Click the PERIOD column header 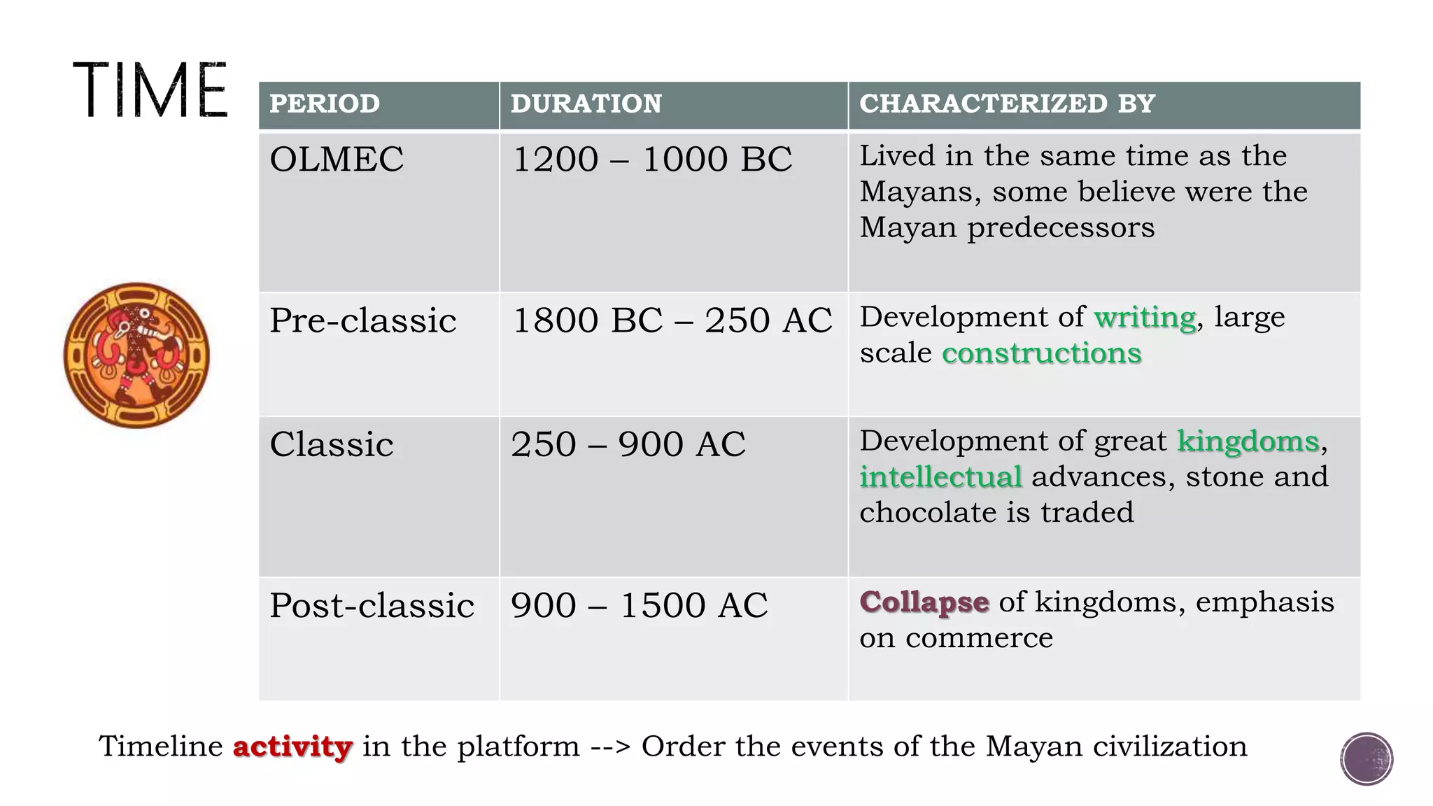(325, 104)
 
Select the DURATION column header (586, 104)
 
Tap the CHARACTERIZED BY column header (1007, 104)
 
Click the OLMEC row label (337, 159)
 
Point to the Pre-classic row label (362, 320)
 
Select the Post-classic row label (372, 605)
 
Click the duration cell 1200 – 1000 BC (652, 159)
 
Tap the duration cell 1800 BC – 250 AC (672, 320)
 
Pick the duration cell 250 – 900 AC (628, 444)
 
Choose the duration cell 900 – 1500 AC (639, 605)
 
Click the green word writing (1145, 318)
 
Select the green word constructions (1042, 353)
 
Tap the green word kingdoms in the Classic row (1248, 441)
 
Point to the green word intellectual (940, 477)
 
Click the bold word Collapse (924, 602)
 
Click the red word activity (292, 747)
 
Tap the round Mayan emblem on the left (136, 355)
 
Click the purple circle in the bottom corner (1367, 759)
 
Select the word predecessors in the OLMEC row (1061, 228)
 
